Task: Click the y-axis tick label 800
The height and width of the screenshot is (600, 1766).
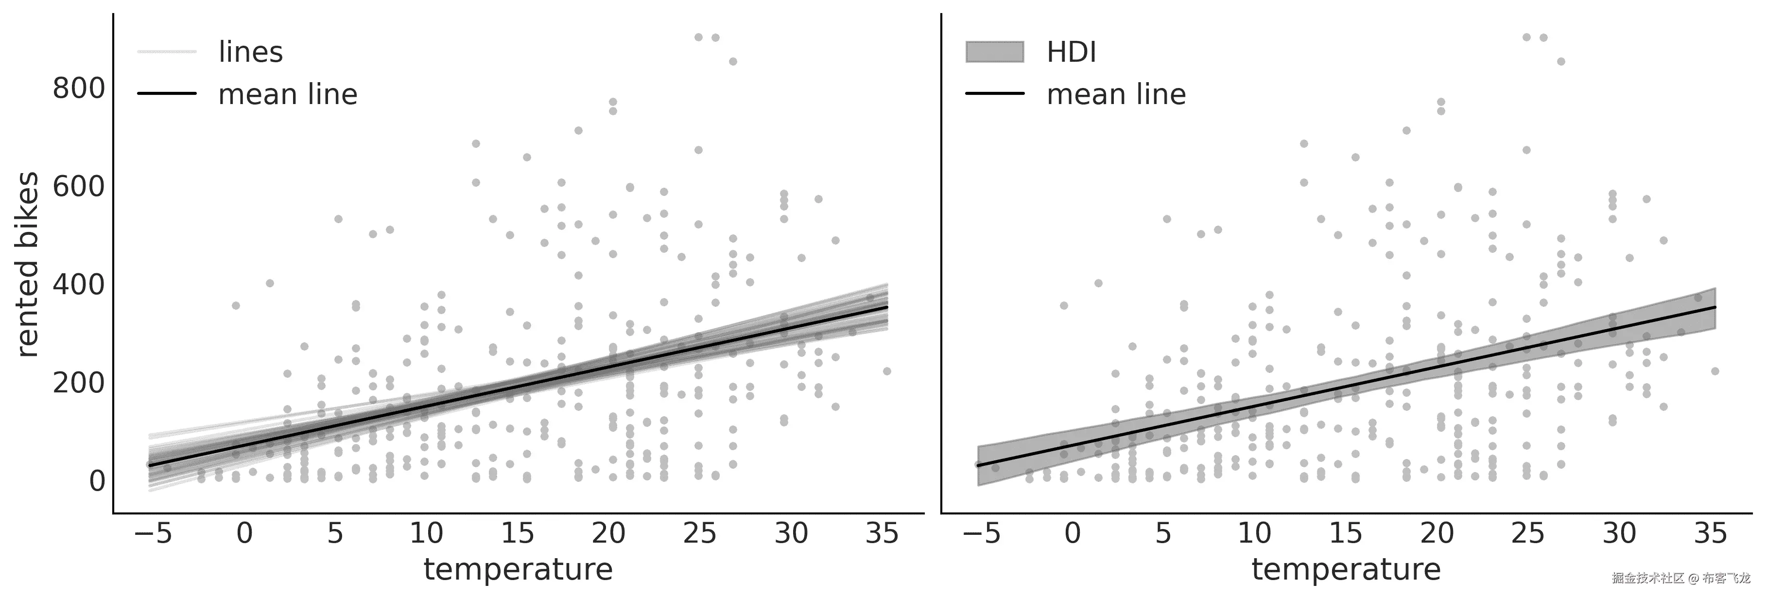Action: [x=79, y=88]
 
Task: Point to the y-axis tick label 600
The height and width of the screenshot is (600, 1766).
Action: [x=79, y=187]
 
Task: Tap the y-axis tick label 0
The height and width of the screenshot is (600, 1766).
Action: [x=97, y=481]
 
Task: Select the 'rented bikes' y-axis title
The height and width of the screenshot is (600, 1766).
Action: [x=27, y=265]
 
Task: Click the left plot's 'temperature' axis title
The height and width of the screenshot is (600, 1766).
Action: [x=518, y=569]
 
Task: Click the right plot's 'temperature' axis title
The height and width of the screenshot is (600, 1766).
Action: [x=1347, y=569]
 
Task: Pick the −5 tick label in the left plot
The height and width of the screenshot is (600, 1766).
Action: [x=153, y=533]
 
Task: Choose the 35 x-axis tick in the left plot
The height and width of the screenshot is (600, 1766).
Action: [x=882, y=533]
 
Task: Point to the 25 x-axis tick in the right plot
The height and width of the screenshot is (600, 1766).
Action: [x=1528, y=533]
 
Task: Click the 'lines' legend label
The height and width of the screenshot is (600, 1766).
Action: [x=250, y=52]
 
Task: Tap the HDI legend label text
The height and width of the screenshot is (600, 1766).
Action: [x=1072, y=52]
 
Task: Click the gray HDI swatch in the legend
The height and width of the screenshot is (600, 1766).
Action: [x=995, y=52]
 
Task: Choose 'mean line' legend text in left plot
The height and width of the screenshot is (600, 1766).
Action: [x=288, y=95]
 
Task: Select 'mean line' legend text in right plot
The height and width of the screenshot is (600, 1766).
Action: [x=1116, y=95]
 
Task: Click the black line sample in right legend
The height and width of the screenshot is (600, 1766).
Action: [x=995, y=93]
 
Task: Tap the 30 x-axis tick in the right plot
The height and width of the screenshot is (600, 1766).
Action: [x=1619, y=533]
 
